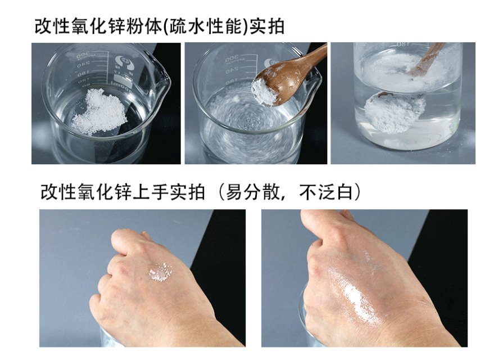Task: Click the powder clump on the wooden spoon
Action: tap(265, 92)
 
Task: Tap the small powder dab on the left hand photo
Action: tap(160, 272)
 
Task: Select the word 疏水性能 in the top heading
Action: tap(205, 26)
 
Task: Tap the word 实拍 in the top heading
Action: tap(267, 26)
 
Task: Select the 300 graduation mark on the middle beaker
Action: tap(233, 58)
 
